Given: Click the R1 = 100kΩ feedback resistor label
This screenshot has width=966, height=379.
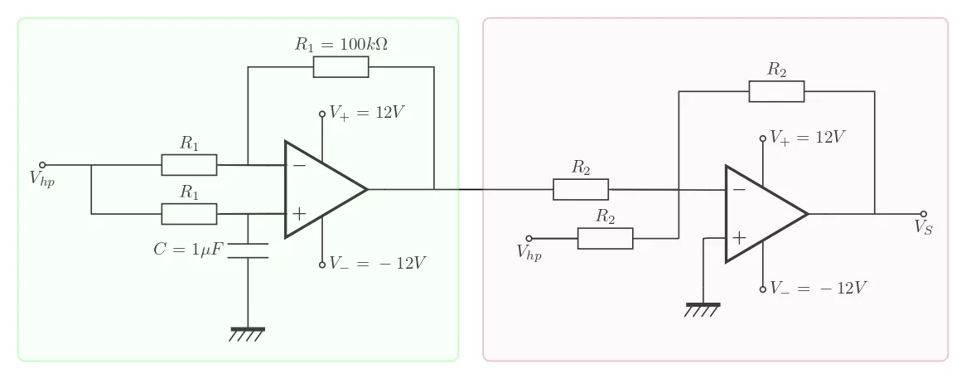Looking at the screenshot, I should pyautogui.click(x=341, y=44).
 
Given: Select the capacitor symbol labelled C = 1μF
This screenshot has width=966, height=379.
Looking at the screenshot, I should pyautogui.click(x=248, y=250).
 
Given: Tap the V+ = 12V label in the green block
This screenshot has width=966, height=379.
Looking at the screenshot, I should pyautogui.click(x=366, y=113).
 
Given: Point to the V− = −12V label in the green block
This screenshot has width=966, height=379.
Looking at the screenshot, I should pyautogui.click(x=377, y=263).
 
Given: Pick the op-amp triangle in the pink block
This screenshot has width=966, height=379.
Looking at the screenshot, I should pyautogui.click(x=761, y=213).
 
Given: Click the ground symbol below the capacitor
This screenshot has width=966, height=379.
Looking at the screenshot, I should pyautogui.click(x=248, y=334).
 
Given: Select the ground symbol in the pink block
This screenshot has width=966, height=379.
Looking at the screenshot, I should pyautogui.click(x=703, y=309).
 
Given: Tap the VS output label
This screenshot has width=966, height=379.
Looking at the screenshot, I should pyautogui.click(x=924, y=228).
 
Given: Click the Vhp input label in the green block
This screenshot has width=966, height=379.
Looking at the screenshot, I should pyautogui.click(x=42, y=180).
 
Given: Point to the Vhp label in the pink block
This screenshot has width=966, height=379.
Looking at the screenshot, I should pyautogui.click(x=529, y=254).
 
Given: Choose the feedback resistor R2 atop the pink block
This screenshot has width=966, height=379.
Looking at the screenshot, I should pyautogui.click(x=776, y=91).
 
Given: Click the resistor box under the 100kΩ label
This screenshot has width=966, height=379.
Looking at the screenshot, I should pyautogui.click(x=341, y=67).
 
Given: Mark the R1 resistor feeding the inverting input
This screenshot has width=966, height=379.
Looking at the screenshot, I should pyautogui.click(x=189, y=164).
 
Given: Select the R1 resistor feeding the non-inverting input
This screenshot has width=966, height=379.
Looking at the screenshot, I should pyautogui.click(x=189, y=214).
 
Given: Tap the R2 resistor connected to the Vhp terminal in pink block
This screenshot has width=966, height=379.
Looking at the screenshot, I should pyautogui.click(x=605, y=239).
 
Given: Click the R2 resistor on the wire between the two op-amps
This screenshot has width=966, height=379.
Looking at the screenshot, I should pyautogui.click(x=580, y=189).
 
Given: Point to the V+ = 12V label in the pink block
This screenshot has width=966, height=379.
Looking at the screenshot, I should pyautogui.click(x=807, y=137).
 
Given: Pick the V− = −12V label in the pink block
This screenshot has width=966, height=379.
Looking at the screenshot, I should pyautogui.click(x=818, y=288).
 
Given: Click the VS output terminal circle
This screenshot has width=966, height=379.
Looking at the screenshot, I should pyautogui.click(x=924, y=213).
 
